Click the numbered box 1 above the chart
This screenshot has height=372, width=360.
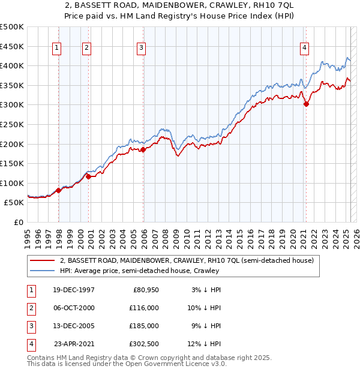(56, 49)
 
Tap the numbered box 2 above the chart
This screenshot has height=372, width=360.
(86, 49)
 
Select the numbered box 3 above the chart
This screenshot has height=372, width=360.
(141, 49)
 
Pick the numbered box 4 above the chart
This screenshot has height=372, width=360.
(305, 49)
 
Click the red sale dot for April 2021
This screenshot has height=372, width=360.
(307, 104)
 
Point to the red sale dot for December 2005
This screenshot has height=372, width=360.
(143, 150)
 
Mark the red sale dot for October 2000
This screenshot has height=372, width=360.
(88, 176)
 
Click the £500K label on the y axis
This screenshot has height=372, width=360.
(12, 27)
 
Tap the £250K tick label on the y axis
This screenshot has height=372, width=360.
(12, 124)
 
